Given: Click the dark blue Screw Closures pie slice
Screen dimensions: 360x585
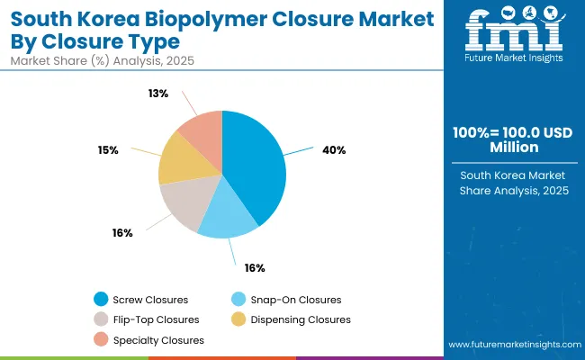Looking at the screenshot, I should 256,166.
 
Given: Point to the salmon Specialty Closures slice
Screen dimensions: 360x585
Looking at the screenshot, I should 202,131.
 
